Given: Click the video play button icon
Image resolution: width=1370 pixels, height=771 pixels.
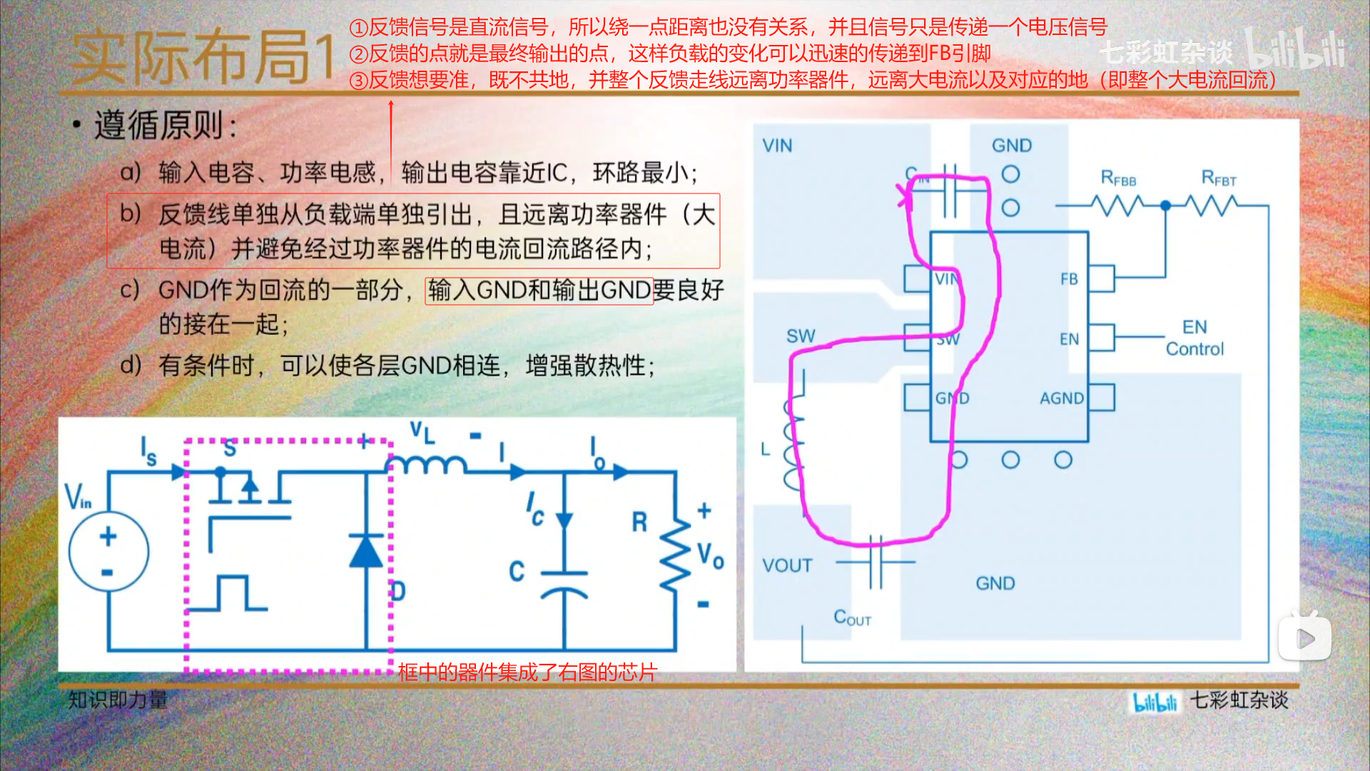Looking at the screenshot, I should tap(1304, 638).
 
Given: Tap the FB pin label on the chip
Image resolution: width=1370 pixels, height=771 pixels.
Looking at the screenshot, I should tap(1069, 279).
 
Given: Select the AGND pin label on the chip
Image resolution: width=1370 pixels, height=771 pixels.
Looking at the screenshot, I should tap(1062, 398).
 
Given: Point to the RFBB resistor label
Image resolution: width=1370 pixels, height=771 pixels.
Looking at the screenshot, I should tap(1118, 178).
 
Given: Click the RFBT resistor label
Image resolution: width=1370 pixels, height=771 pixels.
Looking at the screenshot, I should tap(1219, 178).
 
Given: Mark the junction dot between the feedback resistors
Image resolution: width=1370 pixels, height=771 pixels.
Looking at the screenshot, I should tap(1166, 206).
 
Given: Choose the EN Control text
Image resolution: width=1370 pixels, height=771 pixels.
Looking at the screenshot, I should tap(1194, 338).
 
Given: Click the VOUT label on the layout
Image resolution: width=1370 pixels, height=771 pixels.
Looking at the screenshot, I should tap(787, 566).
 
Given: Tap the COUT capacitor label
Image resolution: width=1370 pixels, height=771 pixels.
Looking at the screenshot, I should tap(852, 618).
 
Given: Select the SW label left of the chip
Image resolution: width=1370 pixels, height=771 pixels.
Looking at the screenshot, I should tap(801, 336).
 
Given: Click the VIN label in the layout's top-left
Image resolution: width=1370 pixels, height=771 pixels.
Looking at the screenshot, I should tap(777, 146).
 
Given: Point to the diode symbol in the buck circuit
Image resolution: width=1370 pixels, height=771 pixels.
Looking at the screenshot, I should tap(366, 551).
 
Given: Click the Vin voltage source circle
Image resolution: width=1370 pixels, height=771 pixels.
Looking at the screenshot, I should tap(108, 551).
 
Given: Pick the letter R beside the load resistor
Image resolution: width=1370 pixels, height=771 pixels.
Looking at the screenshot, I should tap(639, 522).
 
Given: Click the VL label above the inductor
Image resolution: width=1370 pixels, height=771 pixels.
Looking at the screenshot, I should tap(422, 432).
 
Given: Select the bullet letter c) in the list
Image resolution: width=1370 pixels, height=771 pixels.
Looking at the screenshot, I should tap(130, 290).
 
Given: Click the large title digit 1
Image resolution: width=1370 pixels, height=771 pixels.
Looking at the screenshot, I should tap(325, 56).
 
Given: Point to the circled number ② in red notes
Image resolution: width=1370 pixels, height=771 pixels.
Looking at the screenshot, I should tap(358, 54).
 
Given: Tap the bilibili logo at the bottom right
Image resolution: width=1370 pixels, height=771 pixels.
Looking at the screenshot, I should tap(1155, 702).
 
